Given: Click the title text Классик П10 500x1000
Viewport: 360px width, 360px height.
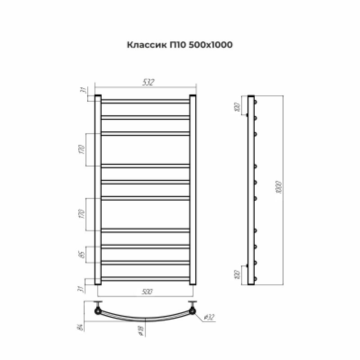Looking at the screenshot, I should pos(180,45).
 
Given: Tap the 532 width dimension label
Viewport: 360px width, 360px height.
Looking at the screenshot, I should pos(148,82).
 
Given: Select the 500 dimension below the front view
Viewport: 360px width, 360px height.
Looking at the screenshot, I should pos(146,292).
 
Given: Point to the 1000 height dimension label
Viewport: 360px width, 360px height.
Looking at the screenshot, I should pos(279,188).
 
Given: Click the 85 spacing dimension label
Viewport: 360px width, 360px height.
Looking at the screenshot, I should pos(82,255).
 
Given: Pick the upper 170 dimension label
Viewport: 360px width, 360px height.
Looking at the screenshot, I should pos(82,149).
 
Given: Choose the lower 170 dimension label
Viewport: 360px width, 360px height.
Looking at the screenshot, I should pos(82,214).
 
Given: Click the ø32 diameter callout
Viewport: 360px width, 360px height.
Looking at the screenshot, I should pos(208,318).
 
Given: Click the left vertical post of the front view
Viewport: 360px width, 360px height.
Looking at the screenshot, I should pos(98,189).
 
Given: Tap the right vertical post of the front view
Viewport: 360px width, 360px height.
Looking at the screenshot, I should pos(193,189).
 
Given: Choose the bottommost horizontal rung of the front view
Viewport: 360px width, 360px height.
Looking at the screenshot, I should pos(145,278).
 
